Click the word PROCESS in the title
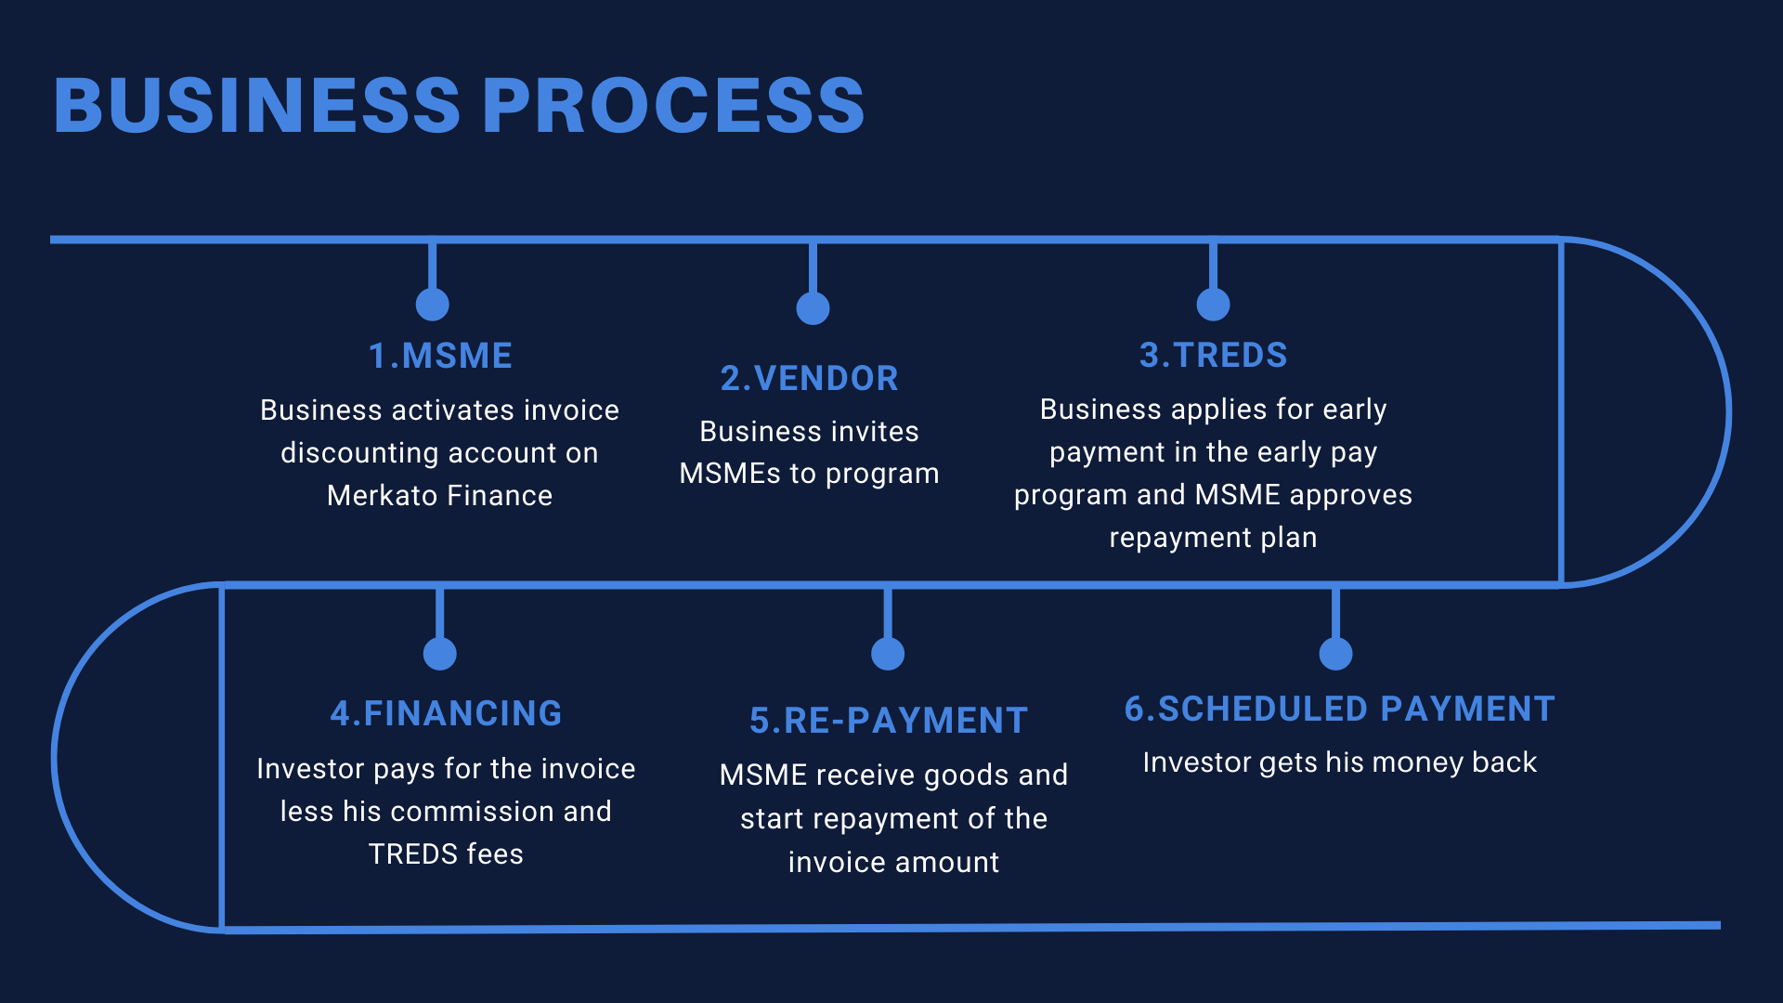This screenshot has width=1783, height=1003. [673, 105]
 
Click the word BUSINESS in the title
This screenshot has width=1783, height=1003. [257, 105]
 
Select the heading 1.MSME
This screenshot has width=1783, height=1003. [440, 356]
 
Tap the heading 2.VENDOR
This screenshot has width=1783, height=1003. [810, 378]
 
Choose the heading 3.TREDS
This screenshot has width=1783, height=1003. [1213, 355]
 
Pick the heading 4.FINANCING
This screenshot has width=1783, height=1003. [446, 713]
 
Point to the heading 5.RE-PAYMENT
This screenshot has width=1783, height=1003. [889, 721]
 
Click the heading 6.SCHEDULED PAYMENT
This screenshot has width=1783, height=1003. [1339, 709]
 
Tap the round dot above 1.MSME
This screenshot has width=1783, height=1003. [433, 304]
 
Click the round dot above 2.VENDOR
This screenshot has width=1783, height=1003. [813, 308]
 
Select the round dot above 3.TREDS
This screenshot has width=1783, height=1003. [1213, 304]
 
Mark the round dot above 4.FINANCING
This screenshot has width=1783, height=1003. [439, 653]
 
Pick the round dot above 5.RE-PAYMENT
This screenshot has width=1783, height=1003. [888, 653]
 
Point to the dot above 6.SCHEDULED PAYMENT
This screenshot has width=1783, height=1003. [1335, 653]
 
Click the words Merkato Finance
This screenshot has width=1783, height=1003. [439, 495]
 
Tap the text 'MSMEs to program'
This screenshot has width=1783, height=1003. [809, 474]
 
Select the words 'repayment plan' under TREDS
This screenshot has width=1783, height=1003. [1213, 538]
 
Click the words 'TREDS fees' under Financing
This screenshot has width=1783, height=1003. [446, 853]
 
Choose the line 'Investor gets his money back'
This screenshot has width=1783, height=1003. [1339, 762]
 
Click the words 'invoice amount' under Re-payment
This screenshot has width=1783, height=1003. [893, 862]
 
